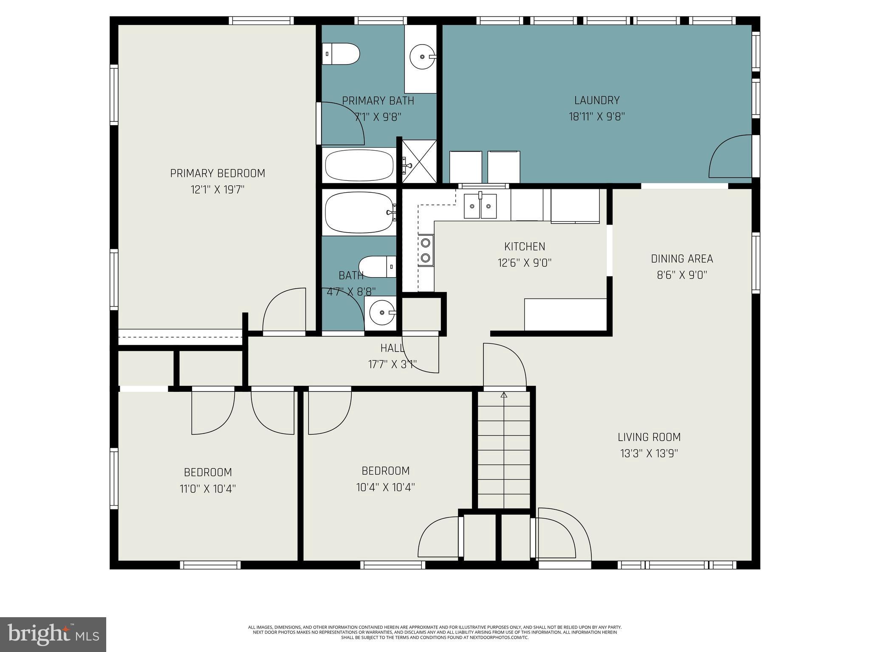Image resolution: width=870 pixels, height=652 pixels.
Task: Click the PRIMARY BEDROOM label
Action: pos(217,173)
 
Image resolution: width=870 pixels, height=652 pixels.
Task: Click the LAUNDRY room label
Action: pos(597,101)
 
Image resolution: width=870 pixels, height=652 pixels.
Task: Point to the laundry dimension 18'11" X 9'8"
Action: pos(597,117)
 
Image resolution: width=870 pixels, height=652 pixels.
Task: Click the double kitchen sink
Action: pos(480,206)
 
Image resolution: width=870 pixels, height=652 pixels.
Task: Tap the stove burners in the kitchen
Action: pos(425,250)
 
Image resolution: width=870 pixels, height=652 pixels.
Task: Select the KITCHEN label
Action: pos(525,247)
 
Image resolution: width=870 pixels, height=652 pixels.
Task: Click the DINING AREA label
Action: pos(682,259)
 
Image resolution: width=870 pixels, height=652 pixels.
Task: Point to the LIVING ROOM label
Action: pos(649,437)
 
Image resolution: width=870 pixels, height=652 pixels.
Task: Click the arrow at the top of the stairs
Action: pos(504,395)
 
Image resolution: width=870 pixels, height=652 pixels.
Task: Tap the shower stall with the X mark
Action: pos(419,162)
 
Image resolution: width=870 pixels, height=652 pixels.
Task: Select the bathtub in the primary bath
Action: pos(359,166)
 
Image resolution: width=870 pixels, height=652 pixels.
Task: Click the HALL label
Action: pos(392,348)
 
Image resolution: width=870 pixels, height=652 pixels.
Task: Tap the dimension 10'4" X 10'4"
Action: pos(385,487)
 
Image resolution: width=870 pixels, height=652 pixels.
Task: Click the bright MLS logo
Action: pos(53,634)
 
